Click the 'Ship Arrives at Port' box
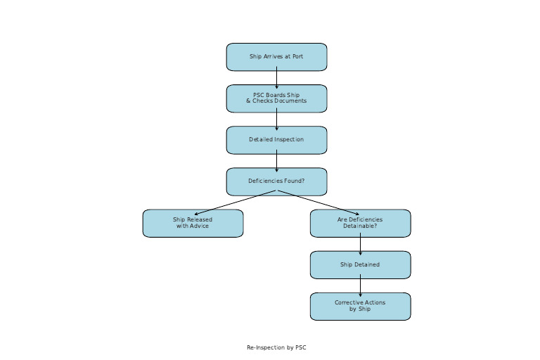tap(276, 57)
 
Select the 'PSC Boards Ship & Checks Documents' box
tap(276, 98)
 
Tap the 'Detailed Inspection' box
tap(276, 140)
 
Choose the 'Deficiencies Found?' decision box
tap(276, 181)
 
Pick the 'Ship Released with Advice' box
tap(193, 223)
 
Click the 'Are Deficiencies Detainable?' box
tap(360, 223)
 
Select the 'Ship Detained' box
tap(360, 265)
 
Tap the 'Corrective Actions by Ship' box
tap(360, 307)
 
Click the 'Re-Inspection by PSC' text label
tap(276, 347)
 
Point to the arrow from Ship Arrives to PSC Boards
tap(276, 78)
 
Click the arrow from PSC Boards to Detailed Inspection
tap(276, 120)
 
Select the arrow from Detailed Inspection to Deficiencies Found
tap(276, 161)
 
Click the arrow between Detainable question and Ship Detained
tap(360, 245)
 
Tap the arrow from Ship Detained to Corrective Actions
tap(360, 286)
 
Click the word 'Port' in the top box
tap(297, 57)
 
